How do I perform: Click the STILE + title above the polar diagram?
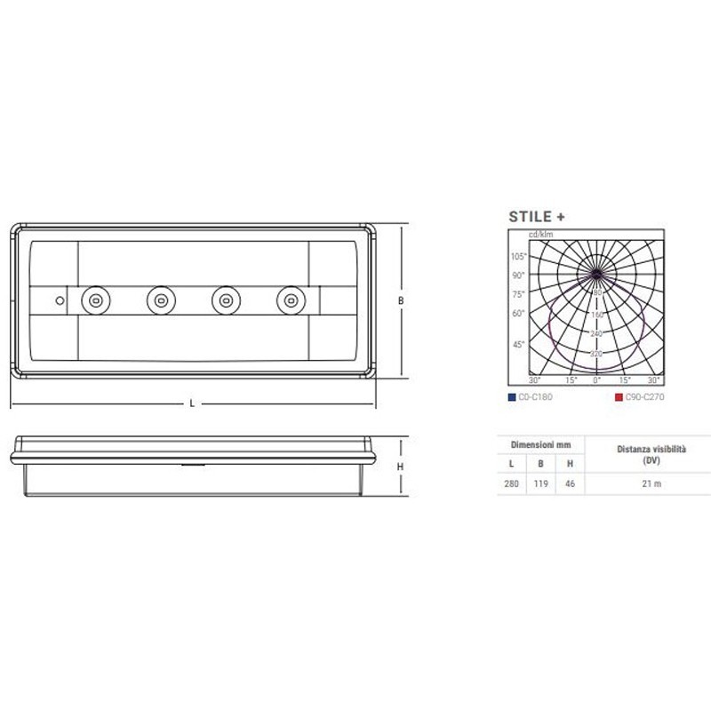537,216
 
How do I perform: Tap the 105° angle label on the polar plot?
518,257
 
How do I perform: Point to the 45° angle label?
518,344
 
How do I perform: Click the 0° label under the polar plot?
596,379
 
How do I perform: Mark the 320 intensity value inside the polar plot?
597,354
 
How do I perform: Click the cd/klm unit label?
540,234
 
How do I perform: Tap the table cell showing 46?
569,484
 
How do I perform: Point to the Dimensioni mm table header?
540,443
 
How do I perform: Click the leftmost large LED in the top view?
94,300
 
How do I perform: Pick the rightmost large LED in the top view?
289,300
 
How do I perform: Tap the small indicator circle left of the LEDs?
60,300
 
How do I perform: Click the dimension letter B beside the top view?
401,301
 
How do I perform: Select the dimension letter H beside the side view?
401,467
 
